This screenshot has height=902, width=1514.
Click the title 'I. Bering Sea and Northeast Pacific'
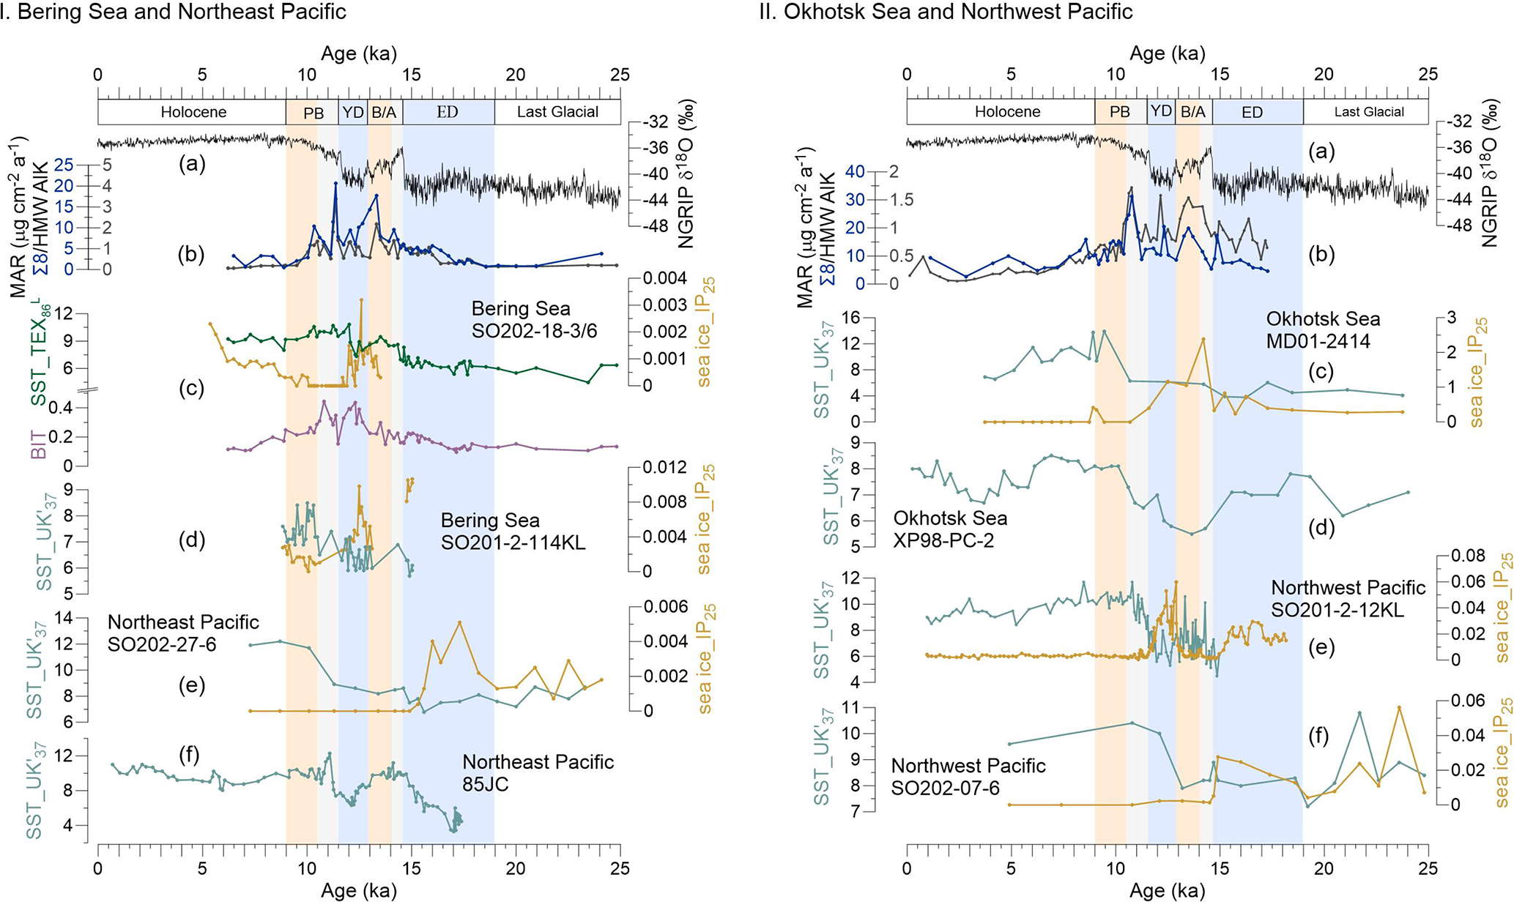(174, 12)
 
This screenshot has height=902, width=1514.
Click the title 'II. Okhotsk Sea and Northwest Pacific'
(946, 12)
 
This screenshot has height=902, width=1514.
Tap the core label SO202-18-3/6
(534, 332)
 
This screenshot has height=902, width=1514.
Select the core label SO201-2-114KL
(513, 543)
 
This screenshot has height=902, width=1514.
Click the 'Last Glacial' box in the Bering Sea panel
(557, 112)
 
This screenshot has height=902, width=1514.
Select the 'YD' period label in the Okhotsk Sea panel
(1161, 111)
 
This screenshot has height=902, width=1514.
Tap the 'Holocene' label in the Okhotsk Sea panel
(1007, 112)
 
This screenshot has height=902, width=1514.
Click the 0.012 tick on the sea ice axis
(664, 467)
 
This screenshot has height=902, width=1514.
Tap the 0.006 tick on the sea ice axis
(664, 606)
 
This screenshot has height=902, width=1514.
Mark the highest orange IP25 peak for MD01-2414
(1203, 338)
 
